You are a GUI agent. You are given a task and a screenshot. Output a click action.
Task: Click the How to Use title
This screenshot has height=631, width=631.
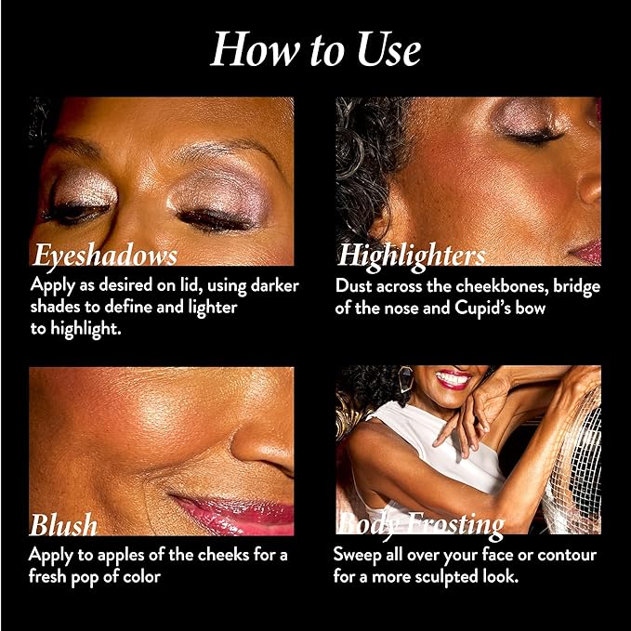tap(316, 50)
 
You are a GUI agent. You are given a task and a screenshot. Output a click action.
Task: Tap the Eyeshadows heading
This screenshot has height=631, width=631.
tap(105, 256)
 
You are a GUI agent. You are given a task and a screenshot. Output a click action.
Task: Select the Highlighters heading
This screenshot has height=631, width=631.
tap(412, 256)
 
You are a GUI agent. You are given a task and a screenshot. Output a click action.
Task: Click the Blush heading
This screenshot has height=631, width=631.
tap(63, 525)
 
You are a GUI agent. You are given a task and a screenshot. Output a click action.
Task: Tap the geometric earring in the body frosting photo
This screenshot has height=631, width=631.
tap(405, 378)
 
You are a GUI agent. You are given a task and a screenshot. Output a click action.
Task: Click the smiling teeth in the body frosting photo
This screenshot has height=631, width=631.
tap(454, 378)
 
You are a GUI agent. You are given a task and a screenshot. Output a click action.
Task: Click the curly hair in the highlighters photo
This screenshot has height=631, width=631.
tap(365, 161)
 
